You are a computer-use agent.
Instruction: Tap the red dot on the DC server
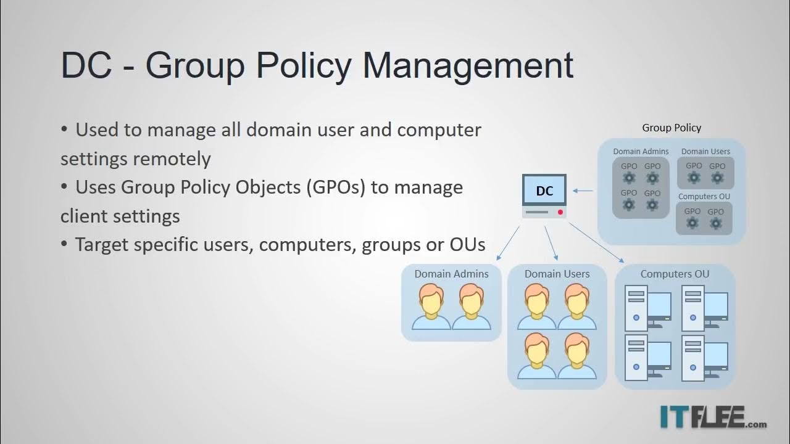pyautogui.click(x=560, y=212)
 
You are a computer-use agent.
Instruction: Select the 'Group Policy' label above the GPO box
pyautogui.click(x=671, y=128)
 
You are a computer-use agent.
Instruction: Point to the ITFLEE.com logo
pyautogui.click(x=713, y=417)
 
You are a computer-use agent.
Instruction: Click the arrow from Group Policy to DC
pyautogui.click(x=583, y=191)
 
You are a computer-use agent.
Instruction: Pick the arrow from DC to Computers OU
pyautogui.click(x=596, y=243)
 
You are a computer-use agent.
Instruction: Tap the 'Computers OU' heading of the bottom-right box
pyautogui.click(x=675, y=274)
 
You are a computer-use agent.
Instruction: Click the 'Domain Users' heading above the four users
pyautogui.click(x=557, y=274)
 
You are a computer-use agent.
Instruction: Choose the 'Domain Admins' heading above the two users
pyautogui.click(x=451, y=274)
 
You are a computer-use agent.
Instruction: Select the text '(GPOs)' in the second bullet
pyautogui.click(x=335, y=187)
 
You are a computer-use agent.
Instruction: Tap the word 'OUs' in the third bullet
pyautogui.click(x=467, y=244)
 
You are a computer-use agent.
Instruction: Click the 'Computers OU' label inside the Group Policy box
pyautogui.click(x=704, y=197)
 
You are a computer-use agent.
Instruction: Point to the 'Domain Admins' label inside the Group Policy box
pyautogui.click(x=641, y=151)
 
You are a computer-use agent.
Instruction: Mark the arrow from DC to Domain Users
pyautogui.click(x=551, y=243)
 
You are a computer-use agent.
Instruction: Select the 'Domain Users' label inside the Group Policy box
pyautogui.click(x=705, y=151)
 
